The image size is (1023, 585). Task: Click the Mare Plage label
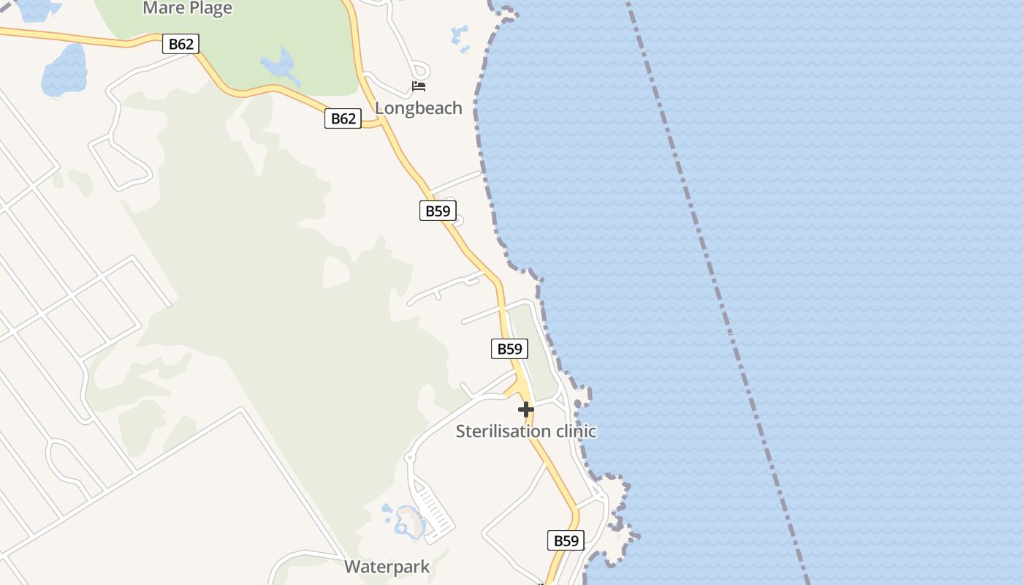point(187,9)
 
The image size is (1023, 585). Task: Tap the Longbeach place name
point(418,108)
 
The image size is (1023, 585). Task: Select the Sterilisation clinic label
point(525,431)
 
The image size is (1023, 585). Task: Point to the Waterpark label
point(387,567)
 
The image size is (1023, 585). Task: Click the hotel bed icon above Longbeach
point(419,86)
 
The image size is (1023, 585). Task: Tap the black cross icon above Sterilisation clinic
point(525,409)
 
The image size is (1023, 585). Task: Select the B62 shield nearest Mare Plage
point(180,44)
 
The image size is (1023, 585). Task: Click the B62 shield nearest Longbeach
point(343,118)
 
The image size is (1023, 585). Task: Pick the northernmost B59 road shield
point(438,211)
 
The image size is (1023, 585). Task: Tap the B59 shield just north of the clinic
point(509,349)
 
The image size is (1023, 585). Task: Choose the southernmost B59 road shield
point(566,541)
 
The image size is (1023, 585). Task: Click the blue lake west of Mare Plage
point(64,72)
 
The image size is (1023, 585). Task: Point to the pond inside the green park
point(278,65)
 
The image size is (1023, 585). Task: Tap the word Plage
point(209,9)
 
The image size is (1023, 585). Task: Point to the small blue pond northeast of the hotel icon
point(460,37)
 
